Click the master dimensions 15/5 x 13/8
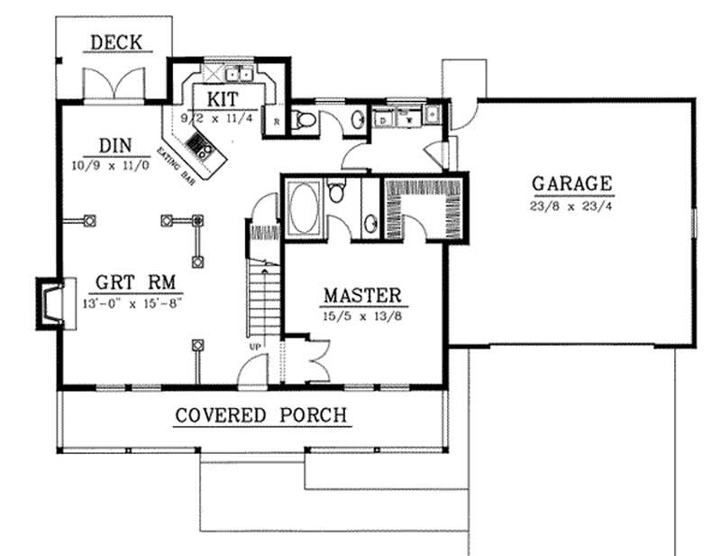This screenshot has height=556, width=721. click(361, 316)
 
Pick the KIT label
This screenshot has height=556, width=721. click(222, 97)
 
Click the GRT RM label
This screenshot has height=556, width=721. click(118, 281)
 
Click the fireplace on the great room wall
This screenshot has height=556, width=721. click(49, 300)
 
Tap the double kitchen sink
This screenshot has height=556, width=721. click(239, 74)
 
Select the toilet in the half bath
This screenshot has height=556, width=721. click(306, 119)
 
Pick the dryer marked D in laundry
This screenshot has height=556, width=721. click(384, 118)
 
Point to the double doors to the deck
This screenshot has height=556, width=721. click(112, 85)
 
